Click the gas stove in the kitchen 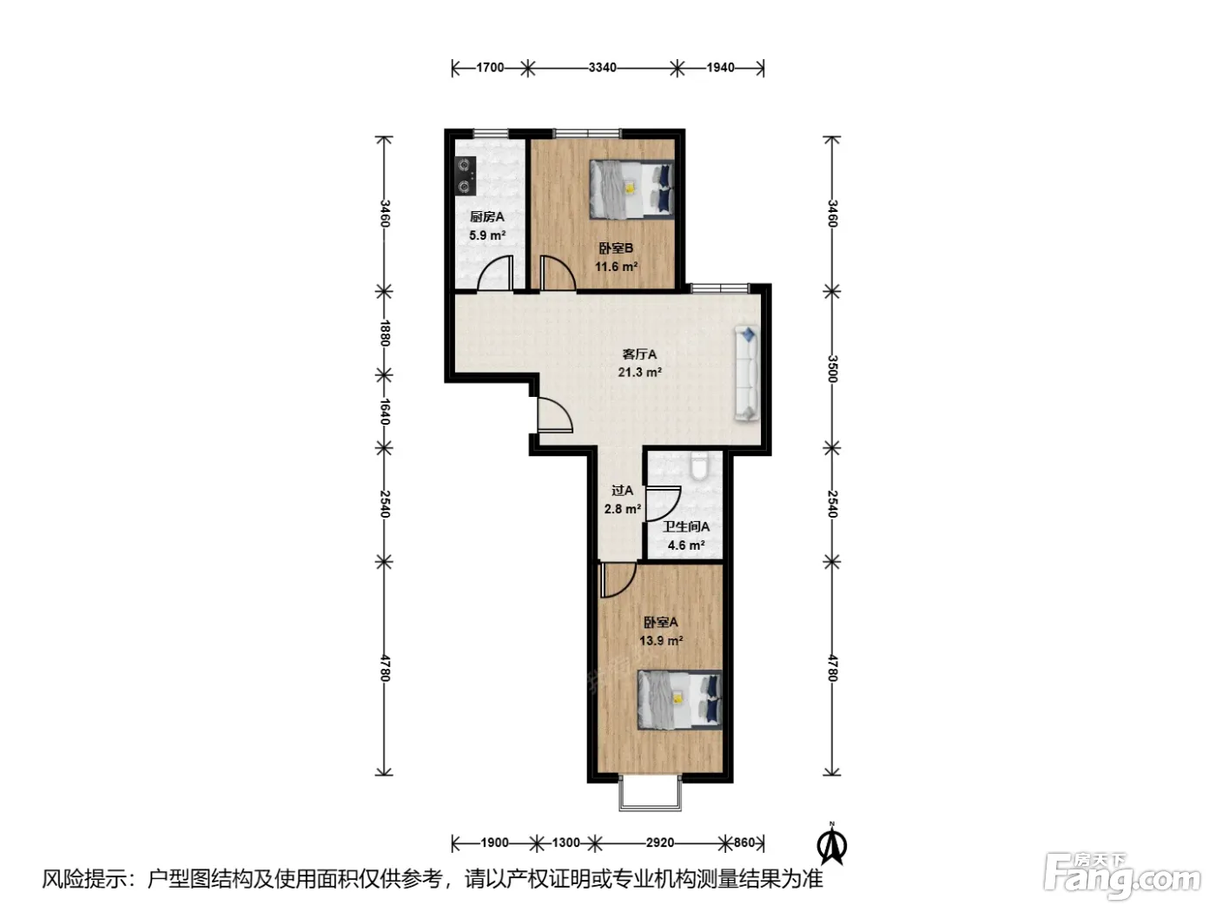coord(465,175)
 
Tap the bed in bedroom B coord(631,189)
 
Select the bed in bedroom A coord(680,699)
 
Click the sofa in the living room coord(746,373)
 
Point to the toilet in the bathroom coord(699,466)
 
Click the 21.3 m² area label coord(640,372)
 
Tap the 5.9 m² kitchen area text coord(487,235)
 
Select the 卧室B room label coord(616,248)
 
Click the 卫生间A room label coord(686,526)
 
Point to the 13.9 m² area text coord(661,641)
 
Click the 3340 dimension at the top coord(602,68)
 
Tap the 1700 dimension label coord(490,68)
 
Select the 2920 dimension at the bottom coord(660,843)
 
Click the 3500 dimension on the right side coord(832,369)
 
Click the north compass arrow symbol coord(832,844)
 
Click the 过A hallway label coord(622,490)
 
